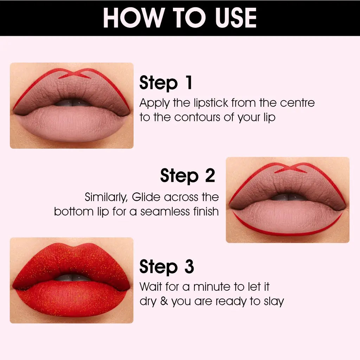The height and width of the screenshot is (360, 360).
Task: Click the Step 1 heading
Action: (166, 83)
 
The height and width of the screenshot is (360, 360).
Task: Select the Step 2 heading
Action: (187, 175)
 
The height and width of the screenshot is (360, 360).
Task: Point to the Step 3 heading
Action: (166, 267)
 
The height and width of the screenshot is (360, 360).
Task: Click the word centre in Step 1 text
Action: (297, 103)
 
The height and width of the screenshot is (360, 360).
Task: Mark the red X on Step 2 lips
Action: (290, 168)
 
